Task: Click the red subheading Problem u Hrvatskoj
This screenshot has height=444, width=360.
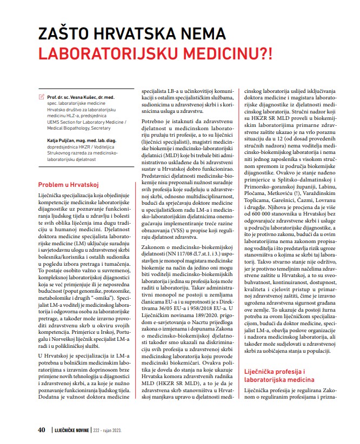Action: point(68,184)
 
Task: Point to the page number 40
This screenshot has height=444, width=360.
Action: point(41,430)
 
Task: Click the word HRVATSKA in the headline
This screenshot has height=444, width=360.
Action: point(150,35)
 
